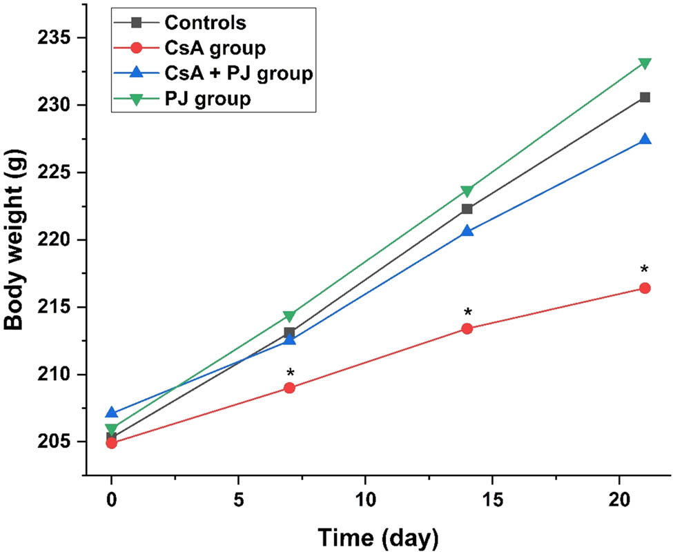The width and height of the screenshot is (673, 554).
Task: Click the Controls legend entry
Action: [205, 22]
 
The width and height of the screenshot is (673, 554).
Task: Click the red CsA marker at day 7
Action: [289, 388]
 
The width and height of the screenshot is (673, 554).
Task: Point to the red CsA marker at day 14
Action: [467, 328]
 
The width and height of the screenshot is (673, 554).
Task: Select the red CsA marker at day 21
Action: [645, 288]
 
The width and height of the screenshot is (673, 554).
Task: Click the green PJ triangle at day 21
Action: [645, 64]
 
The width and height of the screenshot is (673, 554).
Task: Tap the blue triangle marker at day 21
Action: [645, 139]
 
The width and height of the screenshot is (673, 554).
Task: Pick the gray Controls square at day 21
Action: [645, 97]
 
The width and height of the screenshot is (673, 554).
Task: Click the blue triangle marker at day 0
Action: [112, 413]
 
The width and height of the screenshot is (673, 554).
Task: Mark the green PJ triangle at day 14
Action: [467, 191]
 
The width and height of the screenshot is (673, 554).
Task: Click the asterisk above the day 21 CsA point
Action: [645, 270]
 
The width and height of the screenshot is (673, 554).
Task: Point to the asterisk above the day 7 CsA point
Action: [291, 374]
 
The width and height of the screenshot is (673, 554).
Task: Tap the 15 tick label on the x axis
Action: [491, 499]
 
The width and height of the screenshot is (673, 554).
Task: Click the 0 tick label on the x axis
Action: [112, 499]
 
